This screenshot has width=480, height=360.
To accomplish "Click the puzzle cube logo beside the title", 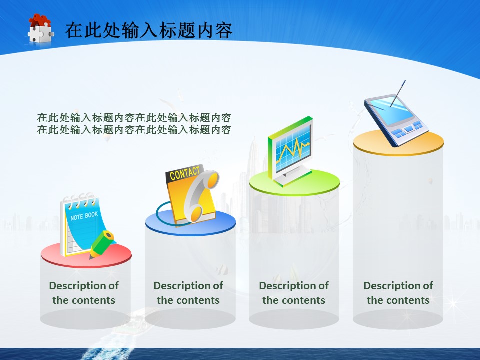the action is [x=41, y=29].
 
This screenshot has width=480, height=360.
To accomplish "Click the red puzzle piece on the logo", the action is [x=40, y=20].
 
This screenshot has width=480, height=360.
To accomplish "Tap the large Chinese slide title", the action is [x=149, y=30].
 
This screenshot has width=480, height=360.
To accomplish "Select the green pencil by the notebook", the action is [x=102, y=244].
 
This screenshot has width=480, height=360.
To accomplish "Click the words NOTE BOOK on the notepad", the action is [x=84, y=216].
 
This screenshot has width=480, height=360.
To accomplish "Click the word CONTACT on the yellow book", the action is [x=185, y=173].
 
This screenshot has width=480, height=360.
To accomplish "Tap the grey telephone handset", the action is [x=201, y=196].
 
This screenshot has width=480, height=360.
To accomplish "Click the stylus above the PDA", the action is [x=398, y=93].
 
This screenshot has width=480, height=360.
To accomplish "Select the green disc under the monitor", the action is [x=294, y=183].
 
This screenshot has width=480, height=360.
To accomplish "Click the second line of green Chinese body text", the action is [x=134, y=130].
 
